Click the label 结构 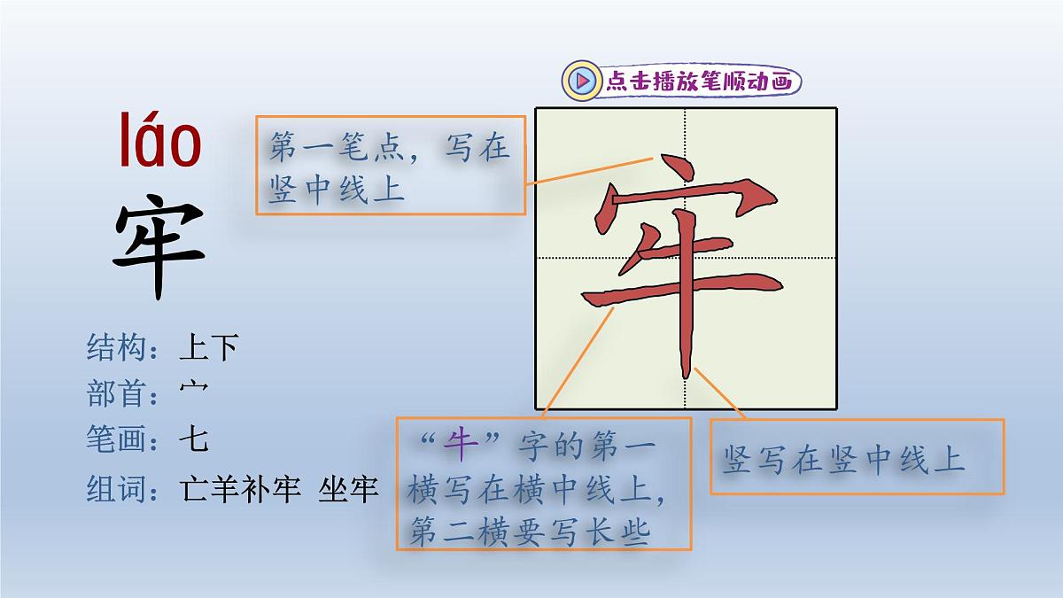[x=116, y=347]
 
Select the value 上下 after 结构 [x=209, y=347]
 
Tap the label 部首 [x=116, y=393]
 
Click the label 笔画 [x=116, y=439]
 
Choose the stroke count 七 [x=193, y=439]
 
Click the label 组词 [x=116, y=488]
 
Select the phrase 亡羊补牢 [x=240, y=488]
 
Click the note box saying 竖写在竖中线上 [x=857, y=457]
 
